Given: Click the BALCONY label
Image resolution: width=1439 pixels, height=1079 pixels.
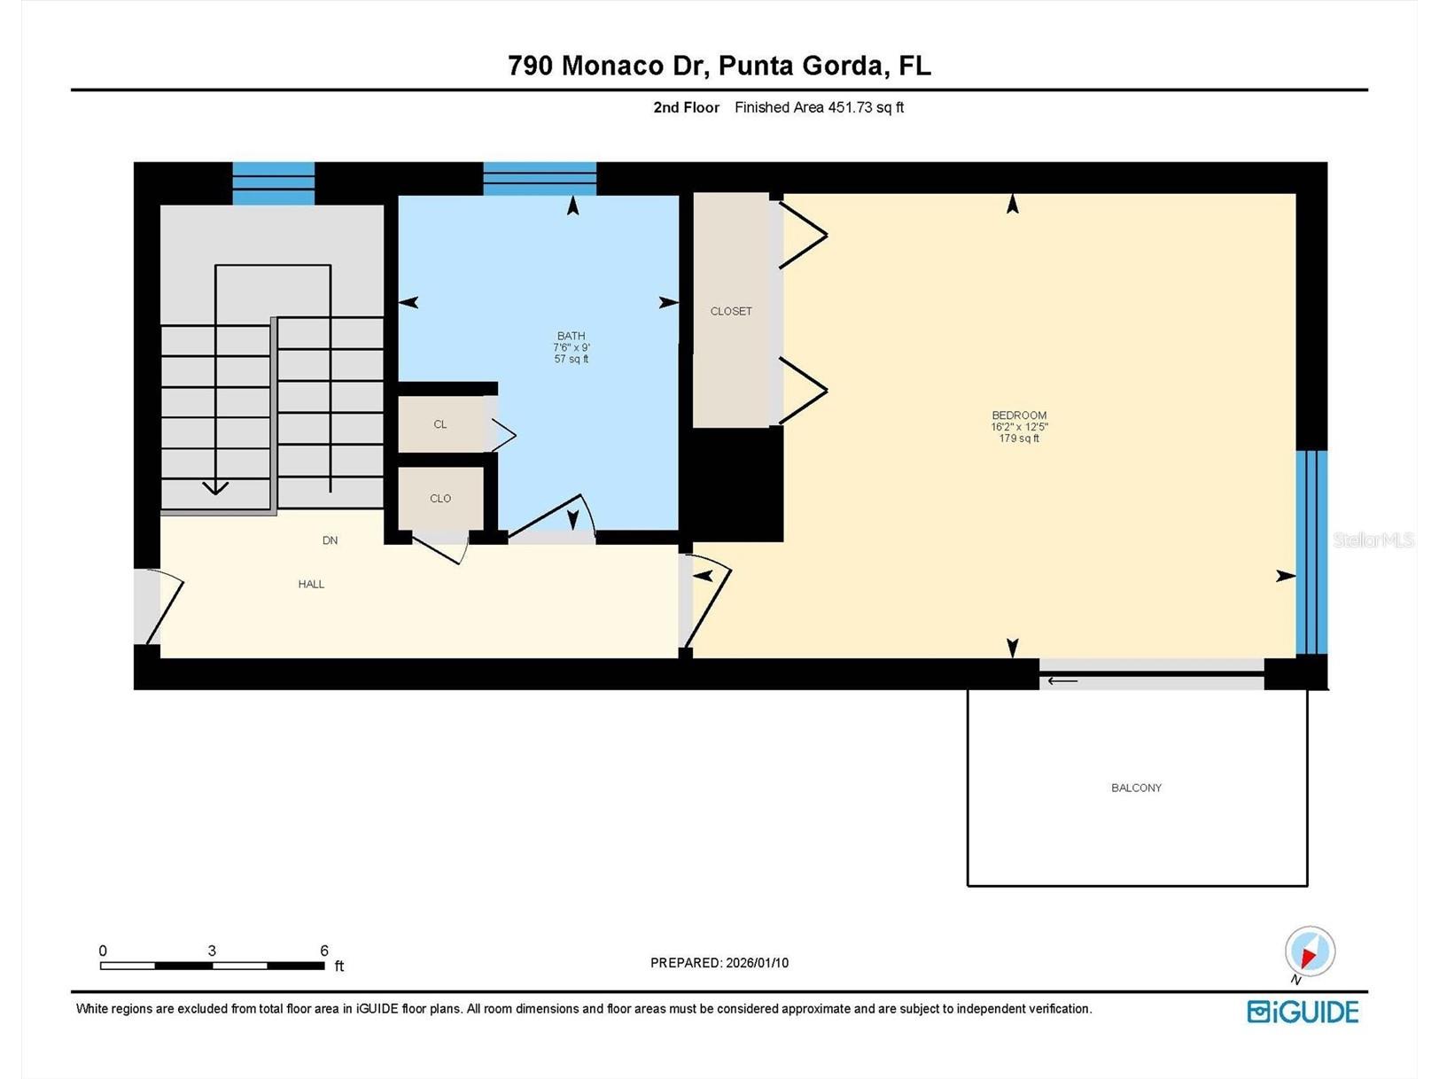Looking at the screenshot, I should [1136, 788].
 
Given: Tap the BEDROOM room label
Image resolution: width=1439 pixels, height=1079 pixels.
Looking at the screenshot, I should [1019, 415].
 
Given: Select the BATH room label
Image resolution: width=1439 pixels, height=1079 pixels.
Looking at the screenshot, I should [572, 336].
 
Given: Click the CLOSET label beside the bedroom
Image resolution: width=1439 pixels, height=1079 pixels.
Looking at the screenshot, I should [731, 311].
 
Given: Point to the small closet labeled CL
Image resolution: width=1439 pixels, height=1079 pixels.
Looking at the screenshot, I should [440, 424].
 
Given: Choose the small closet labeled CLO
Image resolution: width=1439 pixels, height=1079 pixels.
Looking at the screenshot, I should [440, 499].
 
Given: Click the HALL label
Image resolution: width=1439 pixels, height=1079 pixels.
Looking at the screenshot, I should [311, 584].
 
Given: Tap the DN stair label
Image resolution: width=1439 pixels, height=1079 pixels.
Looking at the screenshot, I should [330, 540].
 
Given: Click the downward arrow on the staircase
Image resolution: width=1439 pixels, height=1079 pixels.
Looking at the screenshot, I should [215, 486].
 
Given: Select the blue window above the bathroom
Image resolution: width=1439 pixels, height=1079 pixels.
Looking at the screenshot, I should [539, 178].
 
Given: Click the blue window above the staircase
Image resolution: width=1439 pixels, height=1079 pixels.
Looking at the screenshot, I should [273, 182].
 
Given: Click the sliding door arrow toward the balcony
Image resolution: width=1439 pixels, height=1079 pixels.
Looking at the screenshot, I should [1062, 681].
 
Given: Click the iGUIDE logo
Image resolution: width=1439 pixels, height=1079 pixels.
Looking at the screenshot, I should [1303, 1012].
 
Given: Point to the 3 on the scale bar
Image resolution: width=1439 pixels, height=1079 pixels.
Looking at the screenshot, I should [212, 951].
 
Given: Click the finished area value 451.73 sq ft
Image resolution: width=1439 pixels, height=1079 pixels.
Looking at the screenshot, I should [865, 107].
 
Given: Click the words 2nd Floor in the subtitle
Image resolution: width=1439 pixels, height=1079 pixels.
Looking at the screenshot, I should [686, 107].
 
